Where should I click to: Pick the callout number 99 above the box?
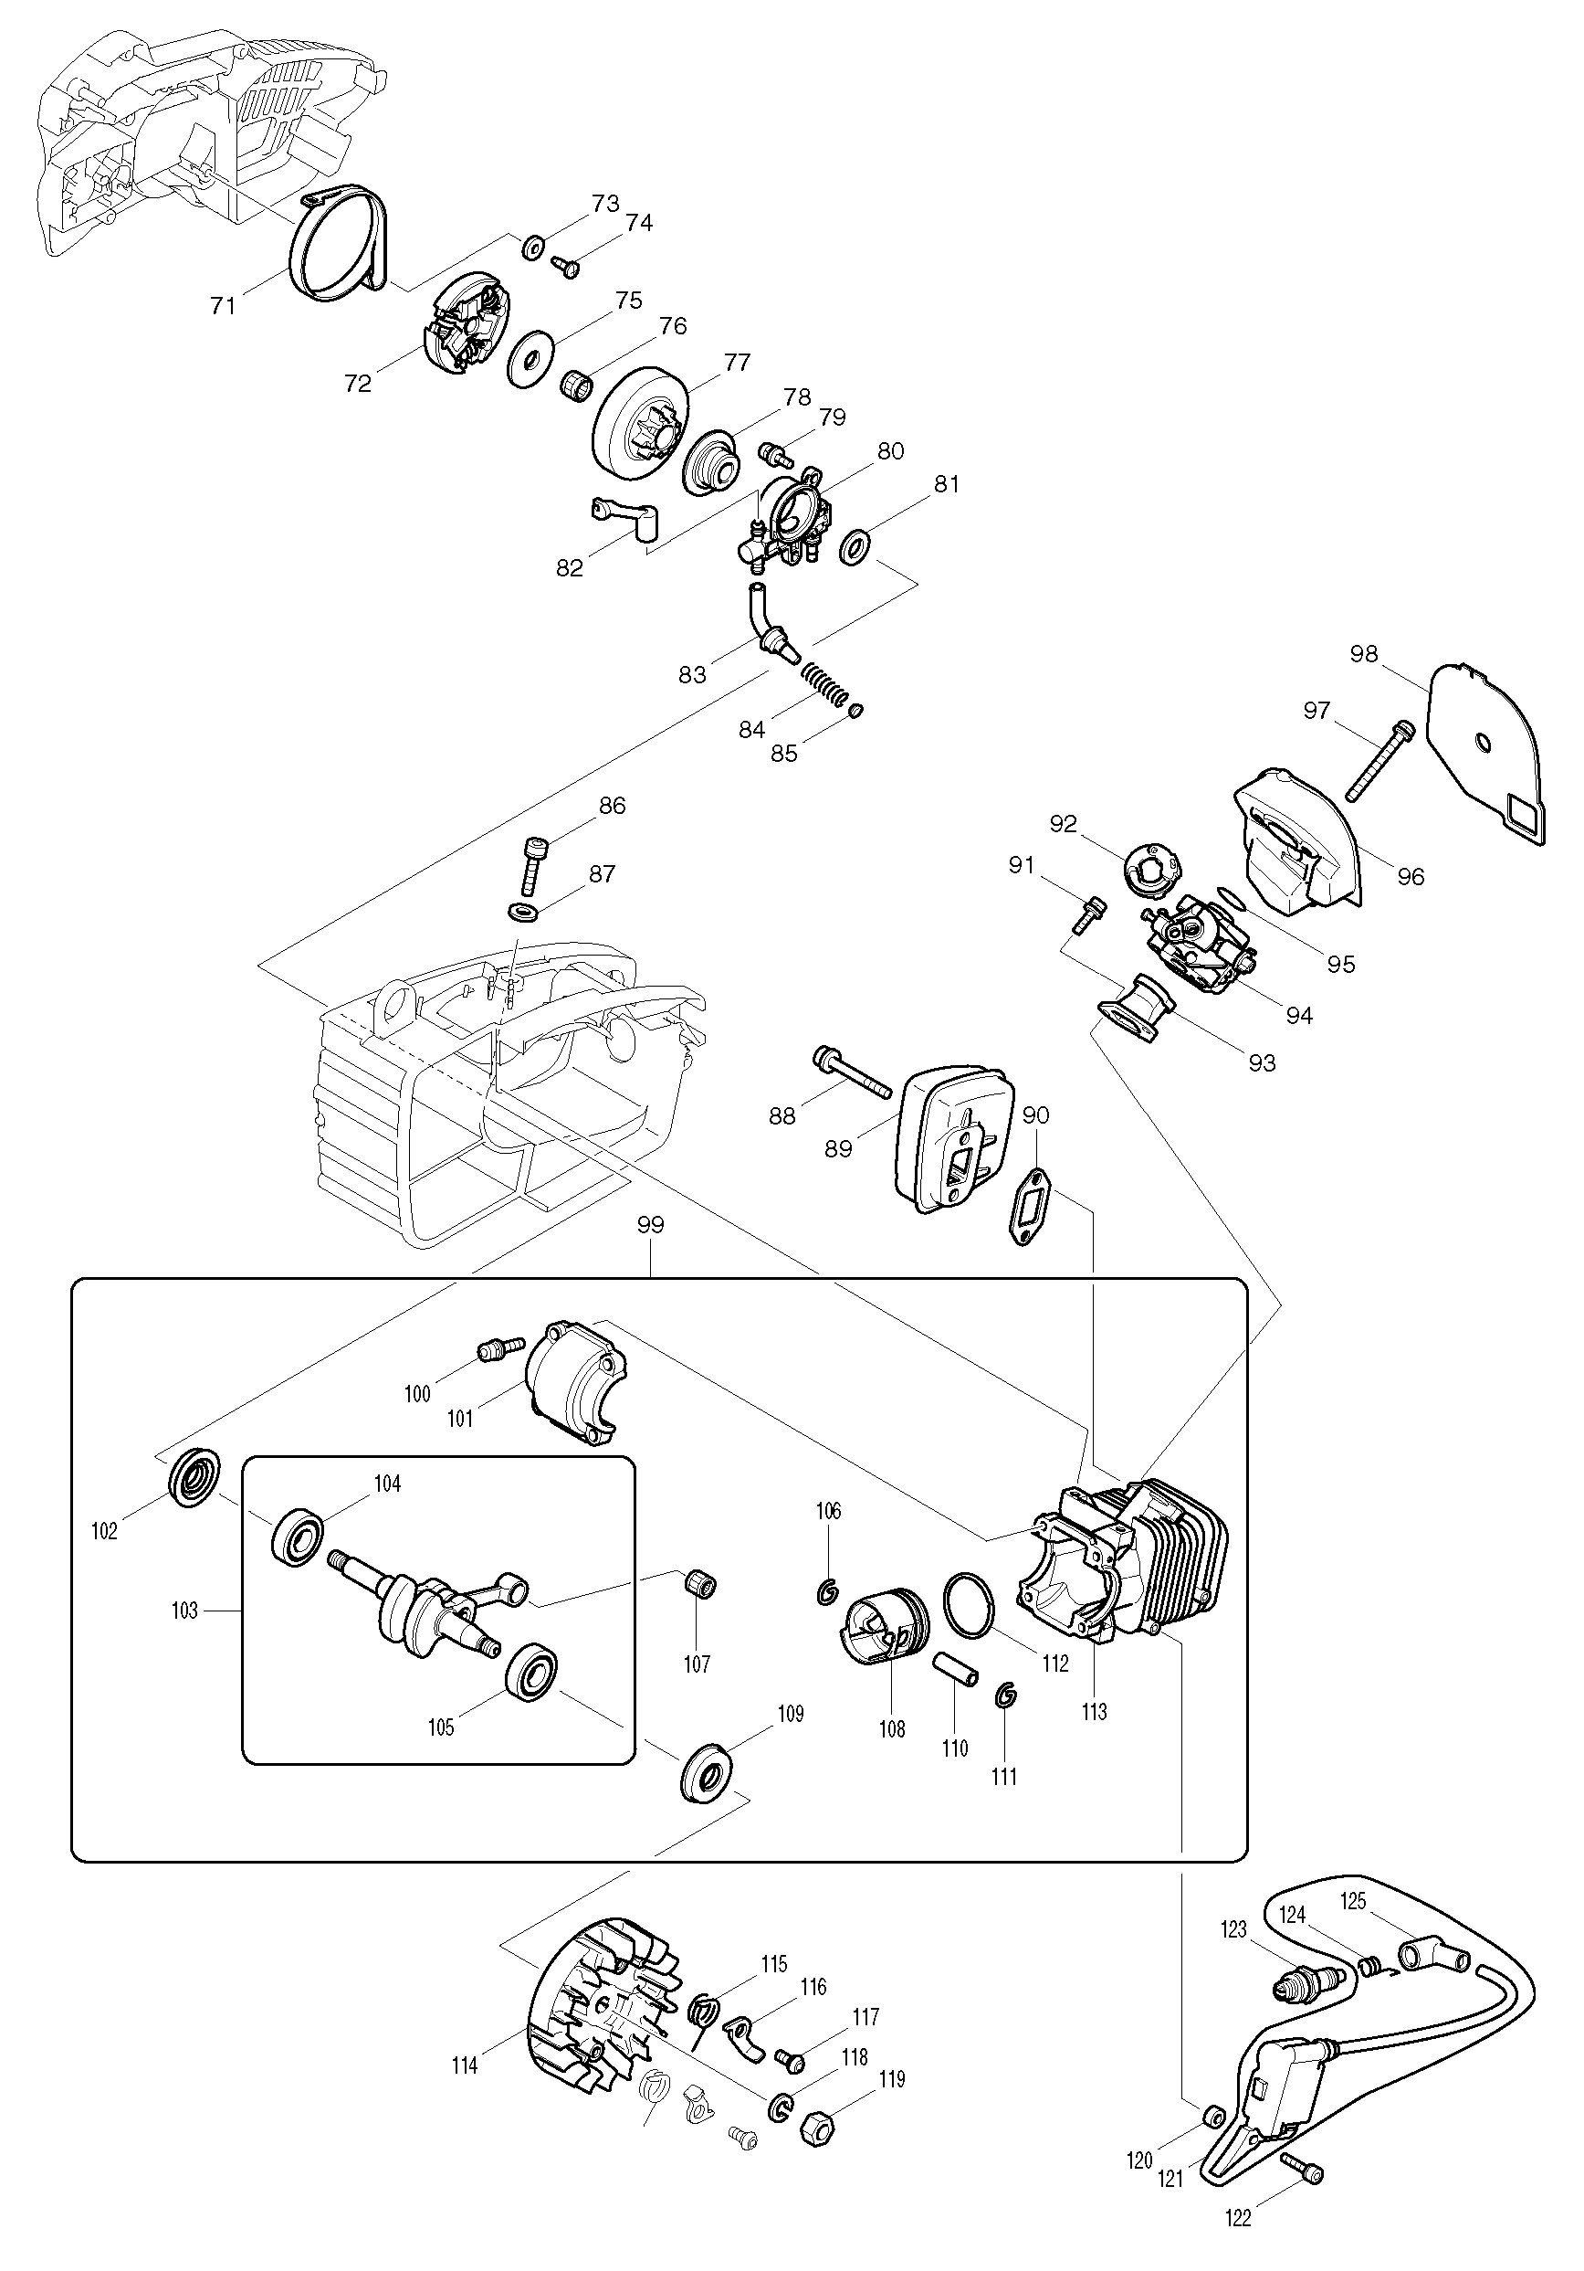coord(651,1224)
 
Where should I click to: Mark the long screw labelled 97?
coord(1379,763)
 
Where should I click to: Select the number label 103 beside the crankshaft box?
coord(185,1611)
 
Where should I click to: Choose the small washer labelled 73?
coord(533,246)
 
